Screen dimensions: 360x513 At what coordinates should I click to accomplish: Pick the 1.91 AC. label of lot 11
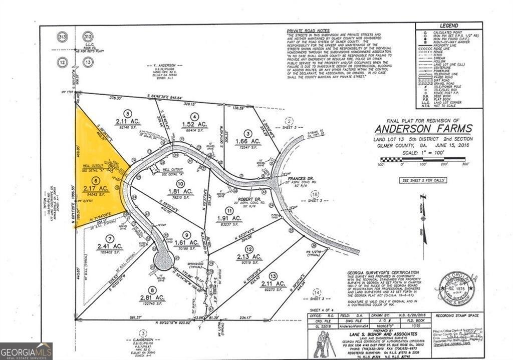click(229, 219)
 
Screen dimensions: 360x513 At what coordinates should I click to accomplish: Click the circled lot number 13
click(273, 276)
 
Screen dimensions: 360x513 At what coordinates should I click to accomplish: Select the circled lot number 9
click(186, 234)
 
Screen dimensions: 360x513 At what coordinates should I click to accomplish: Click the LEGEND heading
click(449, 26)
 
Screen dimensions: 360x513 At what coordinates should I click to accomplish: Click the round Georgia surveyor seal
click(456, 289)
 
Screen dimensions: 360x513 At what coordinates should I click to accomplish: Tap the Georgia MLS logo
click(26, 351)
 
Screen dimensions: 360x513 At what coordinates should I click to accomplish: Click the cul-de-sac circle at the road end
click(163, 260)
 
